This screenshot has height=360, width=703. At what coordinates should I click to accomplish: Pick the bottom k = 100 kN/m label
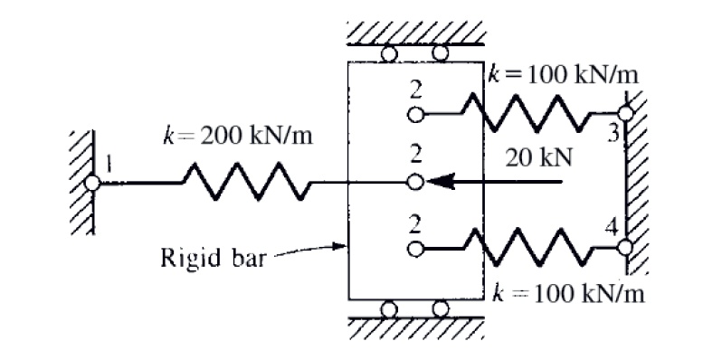coord(570,296)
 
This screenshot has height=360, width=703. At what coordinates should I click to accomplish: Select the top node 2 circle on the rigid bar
coord(414,115)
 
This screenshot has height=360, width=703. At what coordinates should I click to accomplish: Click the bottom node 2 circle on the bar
coord(414,247)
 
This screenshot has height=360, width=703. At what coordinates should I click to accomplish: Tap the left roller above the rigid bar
coord(389,53)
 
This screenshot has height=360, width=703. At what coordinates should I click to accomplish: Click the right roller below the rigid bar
coord(441,308)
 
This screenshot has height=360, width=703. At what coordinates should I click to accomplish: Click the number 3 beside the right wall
coord(613,133)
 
